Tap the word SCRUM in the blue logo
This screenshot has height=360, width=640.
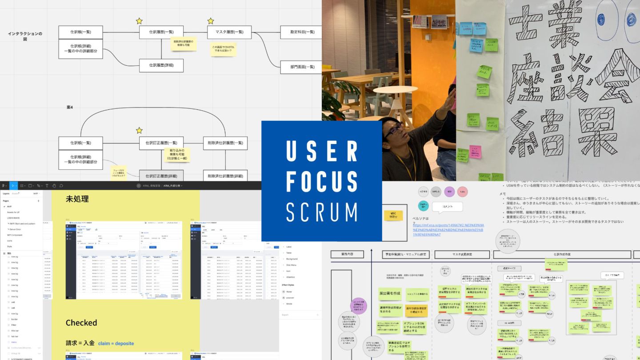[x=322, y=212]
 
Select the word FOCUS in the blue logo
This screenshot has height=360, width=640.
[x=322, y=182]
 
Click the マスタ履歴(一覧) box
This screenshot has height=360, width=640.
[x=229, y=32]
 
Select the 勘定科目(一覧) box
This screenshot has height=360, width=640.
[x=302, y=32]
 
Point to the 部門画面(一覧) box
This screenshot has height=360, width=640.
[x=302, y=67]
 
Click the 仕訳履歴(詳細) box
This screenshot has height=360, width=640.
[x=161, y=65]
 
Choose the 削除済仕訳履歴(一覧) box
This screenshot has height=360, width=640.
[x=225, y=143]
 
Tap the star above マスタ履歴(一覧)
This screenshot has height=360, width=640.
[x=211, y=21]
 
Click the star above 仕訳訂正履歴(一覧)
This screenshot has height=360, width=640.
[x=139, y=130]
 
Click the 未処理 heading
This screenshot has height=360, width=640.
[x=77, y=199]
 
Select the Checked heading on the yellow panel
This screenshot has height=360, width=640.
[x=81, y=323]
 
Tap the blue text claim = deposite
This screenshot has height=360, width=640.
[x=116, y=344]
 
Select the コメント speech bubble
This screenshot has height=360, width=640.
[x=447, y=207]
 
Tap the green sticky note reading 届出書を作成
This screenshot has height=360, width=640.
[x=390, y=294]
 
